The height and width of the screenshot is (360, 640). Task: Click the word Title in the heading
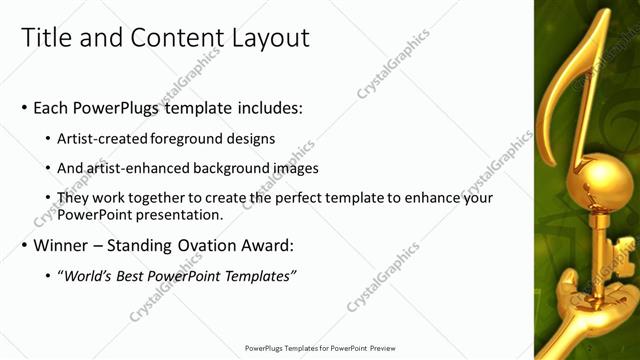coord(46,38)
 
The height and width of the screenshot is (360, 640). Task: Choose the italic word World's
coord(88,275)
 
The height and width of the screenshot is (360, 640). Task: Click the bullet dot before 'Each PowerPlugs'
coord(25,108)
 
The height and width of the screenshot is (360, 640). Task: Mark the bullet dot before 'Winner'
coord(25,245)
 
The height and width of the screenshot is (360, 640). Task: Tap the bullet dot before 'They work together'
coord(49,198)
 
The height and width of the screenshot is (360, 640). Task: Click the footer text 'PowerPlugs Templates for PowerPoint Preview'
coord(320,348)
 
